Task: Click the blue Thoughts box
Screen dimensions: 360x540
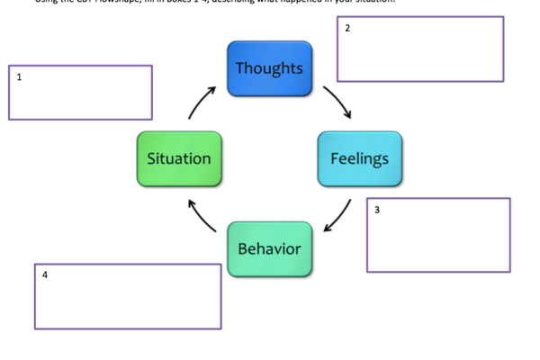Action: click(x=269, y=68)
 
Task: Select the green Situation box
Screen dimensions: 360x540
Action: click(x=179, y=159)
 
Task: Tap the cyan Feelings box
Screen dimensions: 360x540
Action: click(x=360, y=159)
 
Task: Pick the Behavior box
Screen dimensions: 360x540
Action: click(x=269, y=248)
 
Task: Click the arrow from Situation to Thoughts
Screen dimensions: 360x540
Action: click(x=202, y=103)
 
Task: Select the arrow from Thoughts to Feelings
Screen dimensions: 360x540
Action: click(x=337, y=102)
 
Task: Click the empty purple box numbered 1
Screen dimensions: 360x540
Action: click(x=81, y=92)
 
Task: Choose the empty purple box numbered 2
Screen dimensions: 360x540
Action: click(x=420, y=49)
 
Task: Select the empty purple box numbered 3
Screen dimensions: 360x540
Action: click(x=438, y=235)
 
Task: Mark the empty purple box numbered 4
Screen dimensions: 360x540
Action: click(x=128, y=296)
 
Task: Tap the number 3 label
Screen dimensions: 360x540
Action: click(x=377, y=210)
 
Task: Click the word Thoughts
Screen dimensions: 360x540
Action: click(x=269, y=68)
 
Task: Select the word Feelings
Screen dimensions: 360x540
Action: click(x=360, y=159)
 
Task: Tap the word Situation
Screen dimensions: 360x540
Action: click(x=179, y=159)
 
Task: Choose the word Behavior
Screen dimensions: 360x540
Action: click(x=269, y=248)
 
